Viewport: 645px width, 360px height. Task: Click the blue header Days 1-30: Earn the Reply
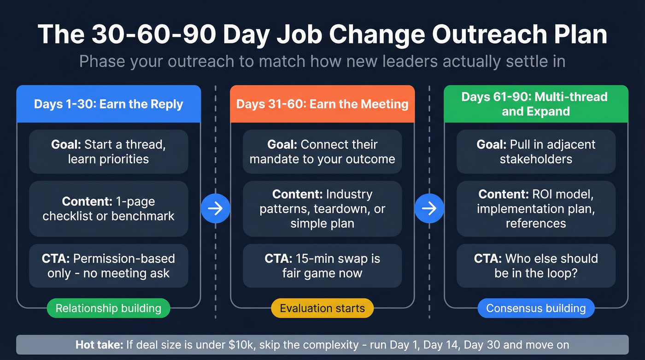pyautogui.click(x=108, y=104)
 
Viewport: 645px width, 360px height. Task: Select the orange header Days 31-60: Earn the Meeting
pyautogui.click(x=322, y=104)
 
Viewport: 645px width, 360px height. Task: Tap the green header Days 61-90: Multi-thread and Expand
pyautogui.click(x=536, y=104)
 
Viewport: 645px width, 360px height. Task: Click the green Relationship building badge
pyautogui.click(x=108, y=308)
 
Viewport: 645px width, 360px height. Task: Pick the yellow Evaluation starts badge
pyautogui.click(x=322, y=308)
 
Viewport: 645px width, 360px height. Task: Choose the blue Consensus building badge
pyautogui.click(x=536, y=308)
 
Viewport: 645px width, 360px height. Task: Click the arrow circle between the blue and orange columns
pyautogui.click(x=215, y=208)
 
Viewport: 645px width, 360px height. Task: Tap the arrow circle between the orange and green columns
pyautogui.click(x=429, y=208)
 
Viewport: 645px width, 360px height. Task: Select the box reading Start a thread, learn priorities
pyautogui.click(x=108, y=152)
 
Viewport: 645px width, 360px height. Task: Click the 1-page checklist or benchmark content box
pyautogui.click(x=108, y=209)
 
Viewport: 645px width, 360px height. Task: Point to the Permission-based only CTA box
pyautogui.click(x=108, y=266)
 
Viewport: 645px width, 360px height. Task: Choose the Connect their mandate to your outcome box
pyautogui.click(x=322, y=152)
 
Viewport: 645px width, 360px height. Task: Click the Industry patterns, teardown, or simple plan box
pyautogui.click(x=322, y=209)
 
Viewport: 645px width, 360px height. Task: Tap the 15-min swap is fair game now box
pyautogui.click(x=322, y=266)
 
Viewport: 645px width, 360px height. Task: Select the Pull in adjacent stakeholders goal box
pyautogui.click(x=536, y=152)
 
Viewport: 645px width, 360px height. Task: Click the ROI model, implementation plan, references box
pyautogui.click(x=536, y=209)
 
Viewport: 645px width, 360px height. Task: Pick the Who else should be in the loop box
pyautogui.click(x=536, y=266)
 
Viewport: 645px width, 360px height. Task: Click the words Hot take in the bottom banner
pyautogui.click(x=99, y=345)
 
